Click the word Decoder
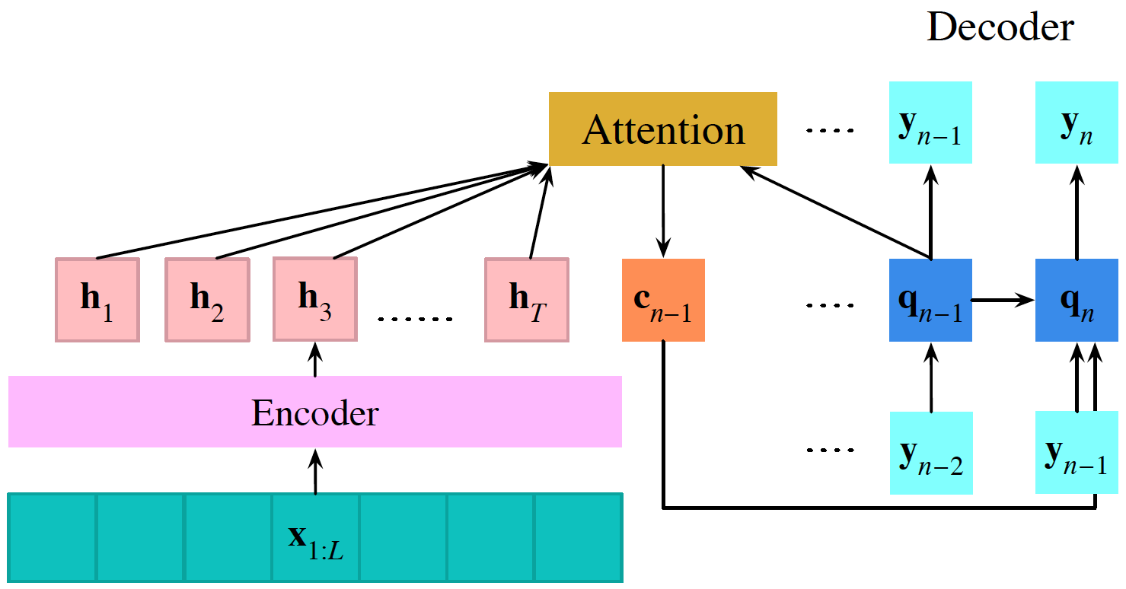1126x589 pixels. click(x=1000, y=28)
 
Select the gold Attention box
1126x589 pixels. click(x=662, y=129)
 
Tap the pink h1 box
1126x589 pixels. click(x=97, y=300)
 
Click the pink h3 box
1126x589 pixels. click(x=314, y=299)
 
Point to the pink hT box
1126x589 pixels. click(x=527, y=300)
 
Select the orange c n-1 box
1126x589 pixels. click(x=663, y=300)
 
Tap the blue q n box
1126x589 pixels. click(x=1076, y=301)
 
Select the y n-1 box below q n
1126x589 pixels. click(x=1076, y=453)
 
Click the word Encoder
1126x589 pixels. click(x=314, y=413)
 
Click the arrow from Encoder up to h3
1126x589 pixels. click(x=315, y=358)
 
